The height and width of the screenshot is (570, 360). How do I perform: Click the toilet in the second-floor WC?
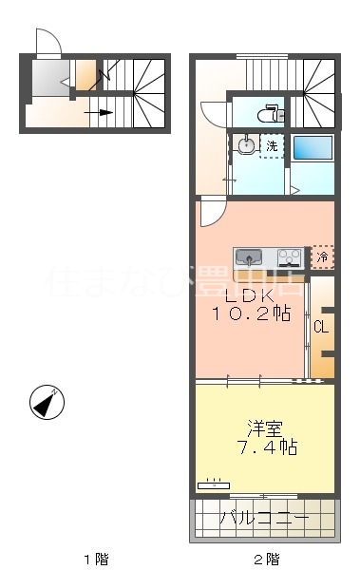270,114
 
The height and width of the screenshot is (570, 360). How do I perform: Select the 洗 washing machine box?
273,146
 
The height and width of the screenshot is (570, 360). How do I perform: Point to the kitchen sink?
250,256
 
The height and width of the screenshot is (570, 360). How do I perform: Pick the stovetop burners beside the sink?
289,256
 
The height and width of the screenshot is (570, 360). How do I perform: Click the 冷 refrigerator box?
323,256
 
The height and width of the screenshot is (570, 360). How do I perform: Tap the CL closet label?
320,328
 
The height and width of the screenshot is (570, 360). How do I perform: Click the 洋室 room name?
265,427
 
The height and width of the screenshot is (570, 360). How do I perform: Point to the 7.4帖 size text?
265,447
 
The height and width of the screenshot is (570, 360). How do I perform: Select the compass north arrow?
45,403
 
